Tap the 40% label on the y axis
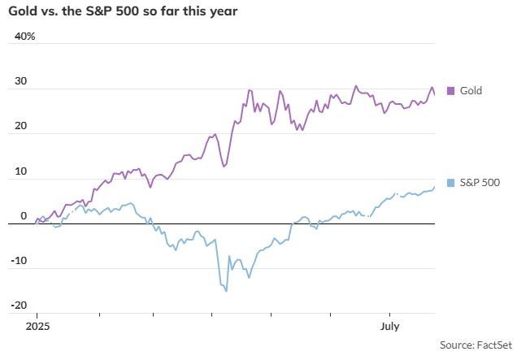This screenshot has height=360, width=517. click(24, 37)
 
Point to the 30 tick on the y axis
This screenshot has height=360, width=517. click(21, 81)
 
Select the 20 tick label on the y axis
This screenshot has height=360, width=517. click(21, 126)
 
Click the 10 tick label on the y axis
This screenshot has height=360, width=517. click(21, 171)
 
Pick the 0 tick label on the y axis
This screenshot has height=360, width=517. click(24, 216)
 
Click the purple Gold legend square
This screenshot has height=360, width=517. click(451, 90)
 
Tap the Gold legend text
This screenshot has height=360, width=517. click(471, 90)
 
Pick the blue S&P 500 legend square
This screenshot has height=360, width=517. click(451, 182)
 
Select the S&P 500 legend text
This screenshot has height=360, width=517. click(480, 182)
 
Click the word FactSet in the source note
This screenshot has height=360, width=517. click(492, 345)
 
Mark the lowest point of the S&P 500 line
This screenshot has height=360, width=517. click(226, 290)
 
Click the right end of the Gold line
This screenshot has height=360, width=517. click(434, 94)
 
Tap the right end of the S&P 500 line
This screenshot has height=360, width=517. click(434, 187)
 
